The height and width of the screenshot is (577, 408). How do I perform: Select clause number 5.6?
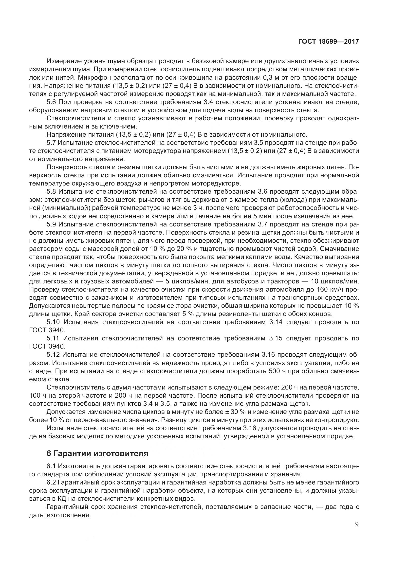pos(52,102)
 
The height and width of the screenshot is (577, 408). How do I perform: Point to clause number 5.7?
pos(52,143)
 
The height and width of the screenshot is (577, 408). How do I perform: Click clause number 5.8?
pos(52,191)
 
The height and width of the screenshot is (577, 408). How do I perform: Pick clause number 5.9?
pos(52,224)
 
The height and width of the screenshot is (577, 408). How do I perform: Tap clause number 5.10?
pos(53,322)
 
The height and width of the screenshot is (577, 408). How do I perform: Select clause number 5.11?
pos(53,338)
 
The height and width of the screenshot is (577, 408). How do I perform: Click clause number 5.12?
pos(53,354)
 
